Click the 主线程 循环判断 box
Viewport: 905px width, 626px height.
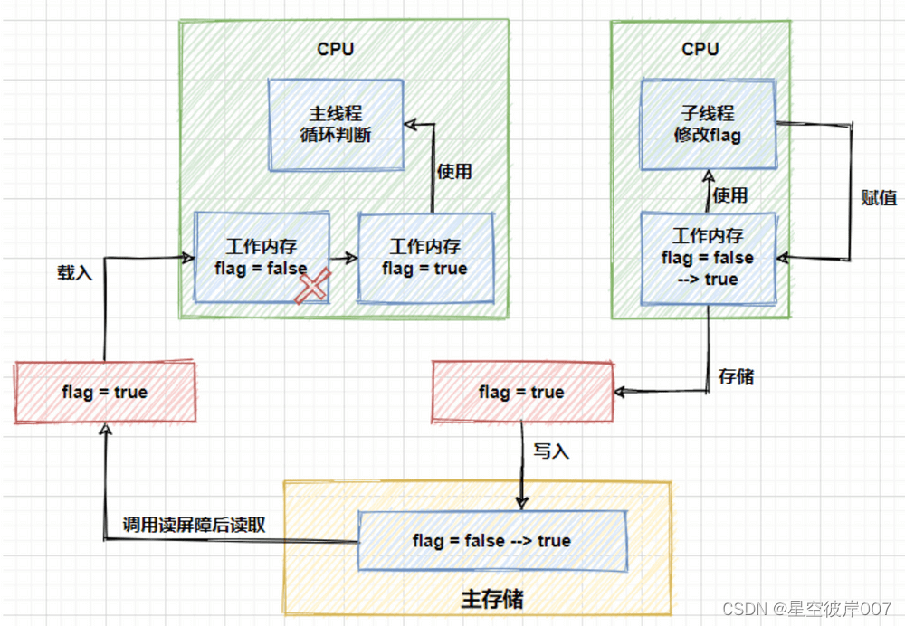tap(335, 125)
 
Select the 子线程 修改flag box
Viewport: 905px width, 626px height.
tap(708, 125)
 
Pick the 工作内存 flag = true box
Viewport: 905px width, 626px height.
tap(425, 258)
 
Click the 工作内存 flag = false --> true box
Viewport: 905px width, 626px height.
tap(708, 258)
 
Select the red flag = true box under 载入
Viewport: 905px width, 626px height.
tap(105, 393)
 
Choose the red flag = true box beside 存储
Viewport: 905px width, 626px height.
tap(522, 393)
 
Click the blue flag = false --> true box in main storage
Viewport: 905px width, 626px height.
tap(492, 541)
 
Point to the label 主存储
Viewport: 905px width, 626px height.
tap(492, 600)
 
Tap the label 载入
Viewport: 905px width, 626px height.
tap(75, 271)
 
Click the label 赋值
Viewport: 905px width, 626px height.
tap(877, 198)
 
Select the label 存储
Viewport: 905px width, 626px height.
tap(735, 376)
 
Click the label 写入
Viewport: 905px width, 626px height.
tap(551, 451)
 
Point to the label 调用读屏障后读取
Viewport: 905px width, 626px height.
tap(194, 525)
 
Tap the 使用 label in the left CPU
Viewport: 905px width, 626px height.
tap(454, 171)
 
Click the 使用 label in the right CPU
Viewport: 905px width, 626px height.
tap(730, 194)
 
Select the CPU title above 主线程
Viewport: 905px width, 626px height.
tap(335, 49)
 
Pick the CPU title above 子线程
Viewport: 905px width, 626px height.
tap(700, 49)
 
